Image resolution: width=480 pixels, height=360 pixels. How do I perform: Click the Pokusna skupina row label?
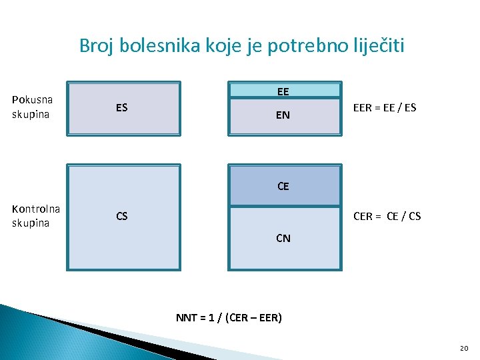pos(32,107)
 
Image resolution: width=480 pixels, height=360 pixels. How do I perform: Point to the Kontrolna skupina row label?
pos(36,215)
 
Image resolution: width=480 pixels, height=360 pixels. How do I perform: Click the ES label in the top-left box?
pos(121,107)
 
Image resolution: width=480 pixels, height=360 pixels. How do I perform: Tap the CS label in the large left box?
pos(122,216)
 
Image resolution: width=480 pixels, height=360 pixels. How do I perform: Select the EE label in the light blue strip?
pos(283,91)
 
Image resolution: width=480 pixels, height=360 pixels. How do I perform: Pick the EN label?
pos(283,115)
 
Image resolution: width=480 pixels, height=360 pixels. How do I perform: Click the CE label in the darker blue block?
pos(283,186)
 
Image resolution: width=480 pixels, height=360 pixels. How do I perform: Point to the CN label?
pos(283,237)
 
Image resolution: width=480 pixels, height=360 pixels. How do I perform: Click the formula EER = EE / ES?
pos(385,107)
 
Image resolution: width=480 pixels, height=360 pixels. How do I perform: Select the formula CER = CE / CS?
pos(387,216)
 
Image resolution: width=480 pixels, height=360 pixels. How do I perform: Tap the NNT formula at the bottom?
pos(229,317)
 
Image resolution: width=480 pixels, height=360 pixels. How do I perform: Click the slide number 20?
pos(464,348)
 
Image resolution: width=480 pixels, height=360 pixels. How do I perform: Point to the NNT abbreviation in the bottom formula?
pos(186,317)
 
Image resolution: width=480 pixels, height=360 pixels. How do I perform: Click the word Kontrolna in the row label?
pos(36,209)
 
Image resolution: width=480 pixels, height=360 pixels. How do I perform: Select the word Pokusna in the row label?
pos(32,100)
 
